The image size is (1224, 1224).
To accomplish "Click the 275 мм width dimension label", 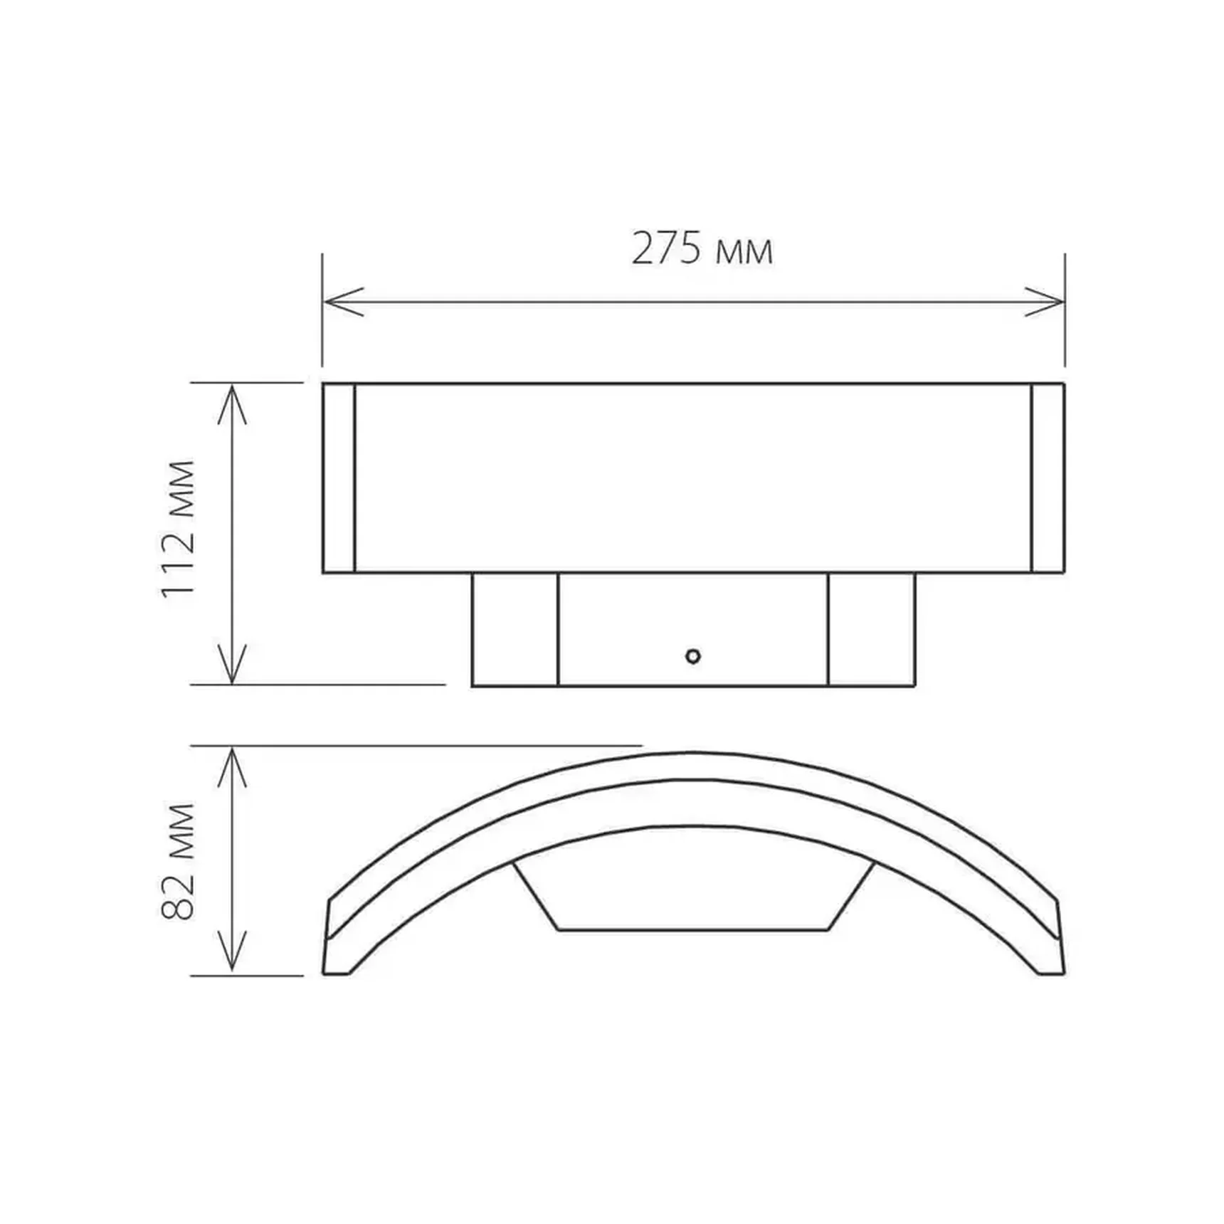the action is point(702,249).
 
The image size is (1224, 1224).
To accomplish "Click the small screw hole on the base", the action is point(693,656).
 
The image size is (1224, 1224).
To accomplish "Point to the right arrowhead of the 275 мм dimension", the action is point(1044,302).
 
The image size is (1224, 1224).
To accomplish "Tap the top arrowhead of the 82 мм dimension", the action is point(232,767).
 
